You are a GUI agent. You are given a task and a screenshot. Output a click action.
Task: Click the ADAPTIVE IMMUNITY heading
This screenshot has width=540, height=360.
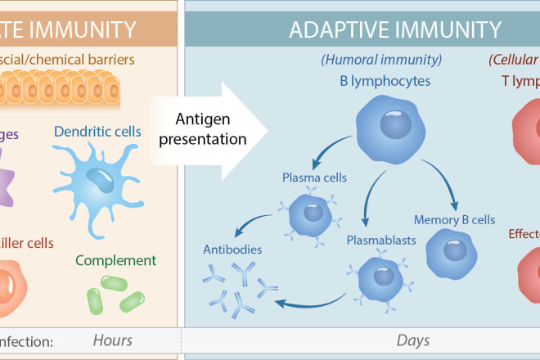click(x=395, y=31)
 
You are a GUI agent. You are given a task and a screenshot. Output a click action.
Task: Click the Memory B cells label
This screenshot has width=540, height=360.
click(x=454, y=220)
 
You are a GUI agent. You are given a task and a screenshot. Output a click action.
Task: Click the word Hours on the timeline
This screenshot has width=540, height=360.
click(x=113, y=340)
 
